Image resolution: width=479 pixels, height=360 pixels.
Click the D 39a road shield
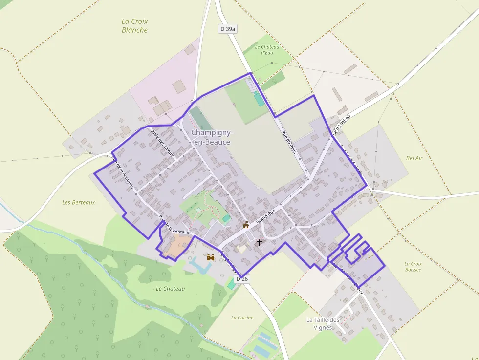pos(228,29)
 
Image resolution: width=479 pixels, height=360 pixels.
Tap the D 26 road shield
pos(242,279)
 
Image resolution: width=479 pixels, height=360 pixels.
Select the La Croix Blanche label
pos(134,25)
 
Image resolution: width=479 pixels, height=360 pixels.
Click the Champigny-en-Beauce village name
pos(212,137)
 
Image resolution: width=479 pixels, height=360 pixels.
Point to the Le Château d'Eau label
pos(267,49)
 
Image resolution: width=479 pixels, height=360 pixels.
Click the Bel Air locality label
pos(414,158)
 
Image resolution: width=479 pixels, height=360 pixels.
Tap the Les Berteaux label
pos(79,202)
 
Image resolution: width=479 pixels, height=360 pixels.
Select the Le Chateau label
pos(171,289)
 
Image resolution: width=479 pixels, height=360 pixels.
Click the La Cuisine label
pos(242,318)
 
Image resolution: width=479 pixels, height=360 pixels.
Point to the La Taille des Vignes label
pos(323,323)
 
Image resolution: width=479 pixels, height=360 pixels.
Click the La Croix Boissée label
pos(413,266)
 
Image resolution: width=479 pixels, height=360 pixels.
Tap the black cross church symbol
pos(259,242)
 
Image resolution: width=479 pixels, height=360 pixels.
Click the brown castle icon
pos(211,257)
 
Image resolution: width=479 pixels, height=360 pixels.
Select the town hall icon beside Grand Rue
pos(246,225)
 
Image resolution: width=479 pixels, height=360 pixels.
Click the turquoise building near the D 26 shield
pos(231,283)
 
